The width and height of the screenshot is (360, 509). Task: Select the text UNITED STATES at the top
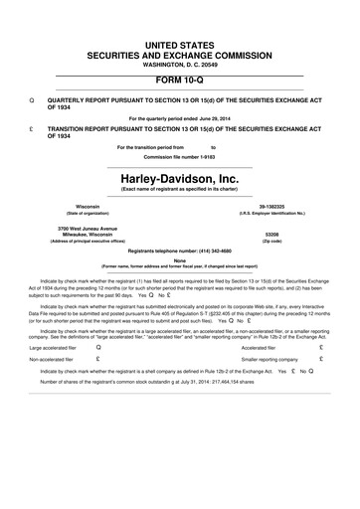pyautogui.click(x=180, y=48)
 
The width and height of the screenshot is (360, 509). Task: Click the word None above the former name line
pyautogui.click(x=180, y=261)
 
